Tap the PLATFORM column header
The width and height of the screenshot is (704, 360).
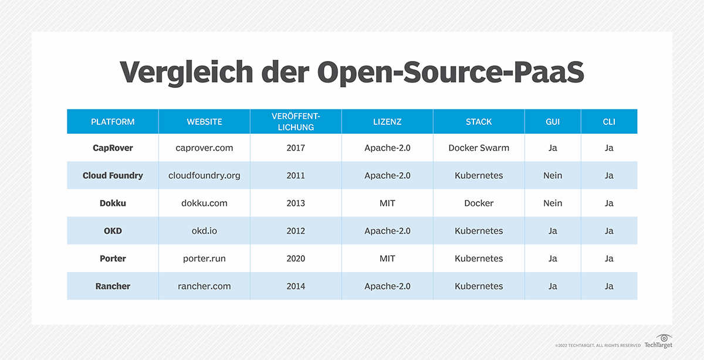pos(113,122)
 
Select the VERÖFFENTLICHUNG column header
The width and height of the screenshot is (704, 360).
pos(296,122)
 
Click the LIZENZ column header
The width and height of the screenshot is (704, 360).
pos(387,122)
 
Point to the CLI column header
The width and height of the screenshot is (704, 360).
pos(609,122)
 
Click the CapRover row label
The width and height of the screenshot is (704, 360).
pos(113,148)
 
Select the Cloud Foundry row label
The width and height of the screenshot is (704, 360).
pos(113,175)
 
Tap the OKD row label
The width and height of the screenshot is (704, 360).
pos(113,231)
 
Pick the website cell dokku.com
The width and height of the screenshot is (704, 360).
pos(204,203)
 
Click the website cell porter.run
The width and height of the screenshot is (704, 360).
pos(204,259)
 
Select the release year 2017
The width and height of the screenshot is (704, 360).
pos(296,148)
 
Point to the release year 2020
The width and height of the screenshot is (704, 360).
pos(296,259)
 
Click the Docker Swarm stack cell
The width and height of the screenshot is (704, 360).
pos(479,148)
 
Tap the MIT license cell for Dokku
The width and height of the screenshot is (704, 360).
pos(387,203)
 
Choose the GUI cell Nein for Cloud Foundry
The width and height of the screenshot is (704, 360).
pos(553,175)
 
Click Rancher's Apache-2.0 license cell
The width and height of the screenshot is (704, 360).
pos(387,286)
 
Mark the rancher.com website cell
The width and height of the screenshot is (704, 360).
pos(204,286)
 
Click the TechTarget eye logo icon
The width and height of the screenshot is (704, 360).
pos(664,338)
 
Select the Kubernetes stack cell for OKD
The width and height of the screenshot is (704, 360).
pos(479,231)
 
